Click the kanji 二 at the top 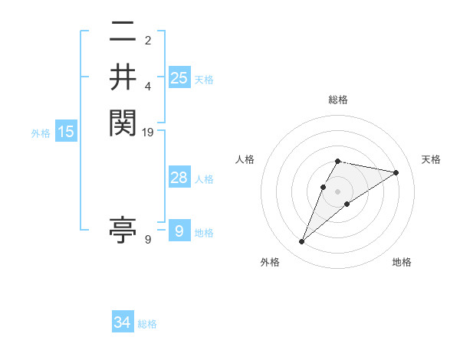click(123, 34)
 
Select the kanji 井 click(123, 77)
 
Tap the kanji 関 click(123, 122)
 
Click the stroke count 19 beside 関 click(148, 133)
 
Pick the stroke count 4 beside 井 click(148, 87)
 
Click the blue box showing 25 click(179, 78)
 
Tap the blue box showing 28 click(179, 178)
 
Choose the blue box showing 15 click(66, 132)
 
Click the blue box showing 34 click(123, 322)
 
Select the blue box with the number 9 click(179, 231)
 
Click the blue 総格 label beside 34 click(147, 324)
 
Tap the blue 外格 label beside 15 click(41, 133)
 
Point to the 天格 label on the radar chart click(431, 159)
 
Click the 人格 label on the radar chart click(245, 159)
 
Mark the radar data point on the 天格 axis click(396, 172)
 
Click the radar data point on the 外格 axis click(301, 242)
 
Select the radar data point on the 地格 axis click(347, 204)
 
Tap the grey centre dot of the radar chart click(338, 191)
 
